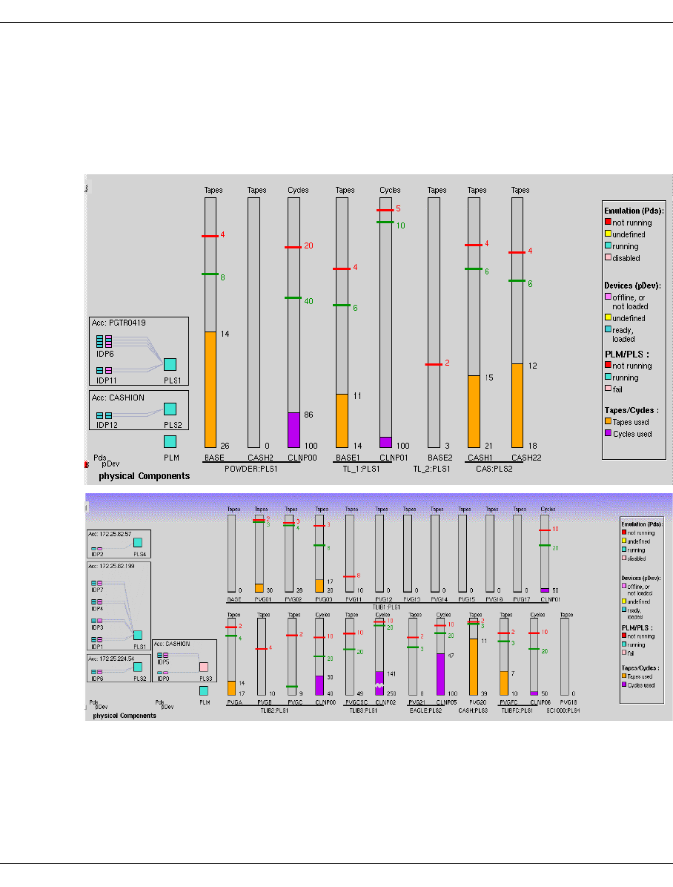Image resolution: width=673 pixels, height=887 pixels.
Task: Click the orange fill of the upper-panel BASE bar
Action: [x=210, y=389]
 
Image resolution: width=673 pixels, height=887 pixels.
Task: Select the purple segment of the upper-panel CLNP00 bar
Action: [x=294, y=429]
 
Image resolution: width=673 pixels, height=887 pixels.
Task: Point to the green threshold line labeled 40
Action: [x=294, y=298]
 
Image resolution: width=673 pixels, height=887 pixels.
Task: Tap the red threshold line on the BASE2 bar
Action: [x=434, y=365]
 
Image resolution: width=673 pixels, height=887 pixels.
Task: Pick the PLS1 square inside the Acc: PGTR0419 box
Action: [x=170, y=364]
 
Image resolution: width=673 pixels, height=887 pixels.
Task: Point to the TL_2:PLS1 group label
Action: [x=433, y=469]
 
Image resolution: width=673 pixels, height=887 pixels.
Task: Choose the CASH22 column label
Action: [x=526, y=458]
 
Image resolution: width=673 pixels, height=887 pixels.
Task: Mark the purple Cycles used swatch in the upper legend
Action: [x=609, y=434]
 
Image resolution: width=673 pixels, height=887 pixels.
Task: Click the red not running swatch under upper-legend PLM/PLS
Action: [x=609, y=366]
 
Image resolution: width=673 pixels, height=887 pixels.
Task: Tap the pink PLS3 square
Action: [x=203, y=667]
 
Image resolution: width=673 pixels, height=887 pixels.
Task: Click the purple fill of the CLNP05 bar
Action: [x=440, y=673]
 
